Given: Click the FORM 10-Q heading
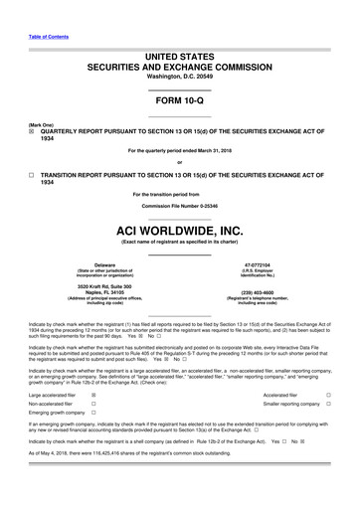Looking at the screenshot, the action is (x=179, y=100).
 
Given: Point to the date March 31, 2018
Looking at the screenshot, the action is (x=211, y=149).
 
